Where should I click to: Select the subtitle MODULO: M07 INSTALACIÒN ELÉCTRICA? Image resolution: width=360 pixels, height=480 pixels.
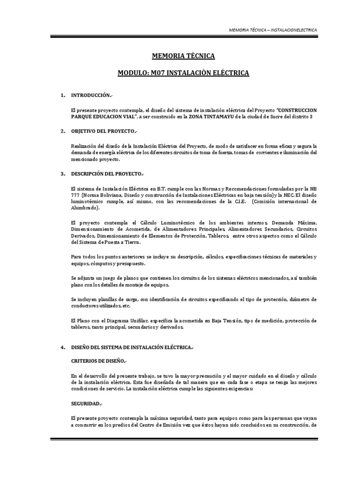[183, 73]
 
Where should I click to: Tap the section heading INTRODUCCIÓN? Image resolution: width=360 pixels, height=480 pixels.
[91, 96]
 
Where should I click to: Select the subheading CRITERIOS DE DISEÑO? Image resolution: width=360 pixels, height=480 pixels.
[98, 361]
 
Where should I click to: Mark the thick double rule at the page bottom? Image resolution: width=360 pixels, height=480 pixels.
[183, 440]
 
